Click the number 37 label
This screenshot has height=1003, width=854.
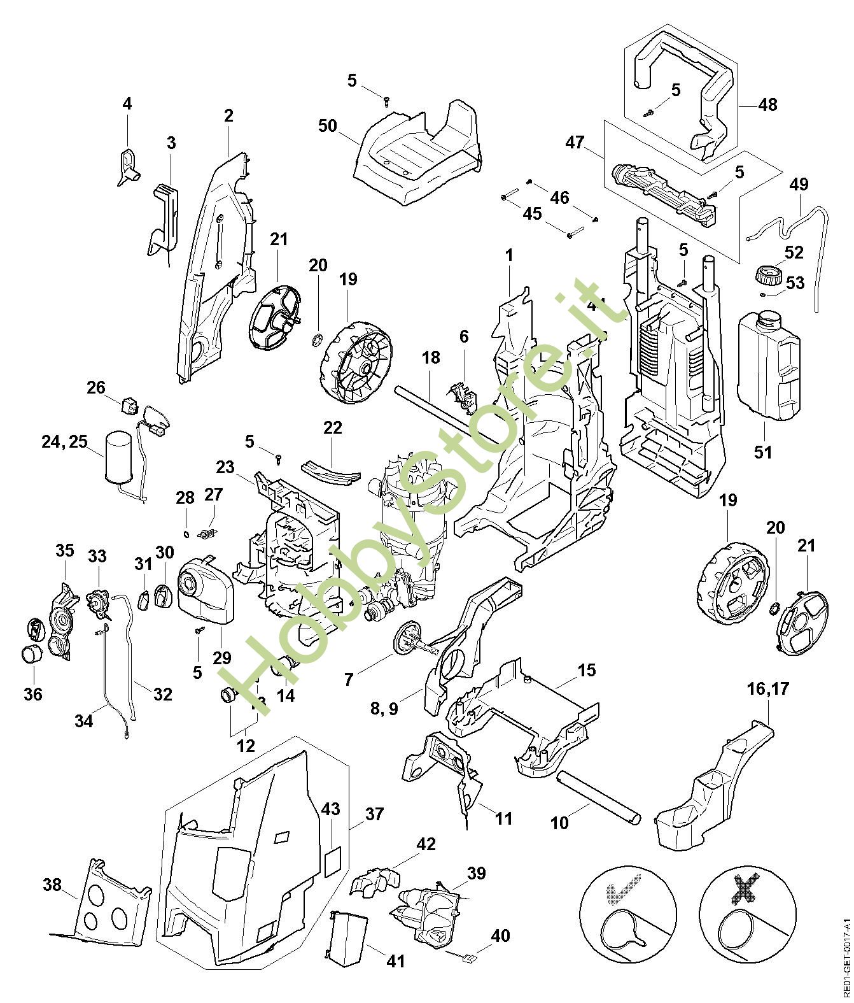pyautogui.click(x=375, y=814)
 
